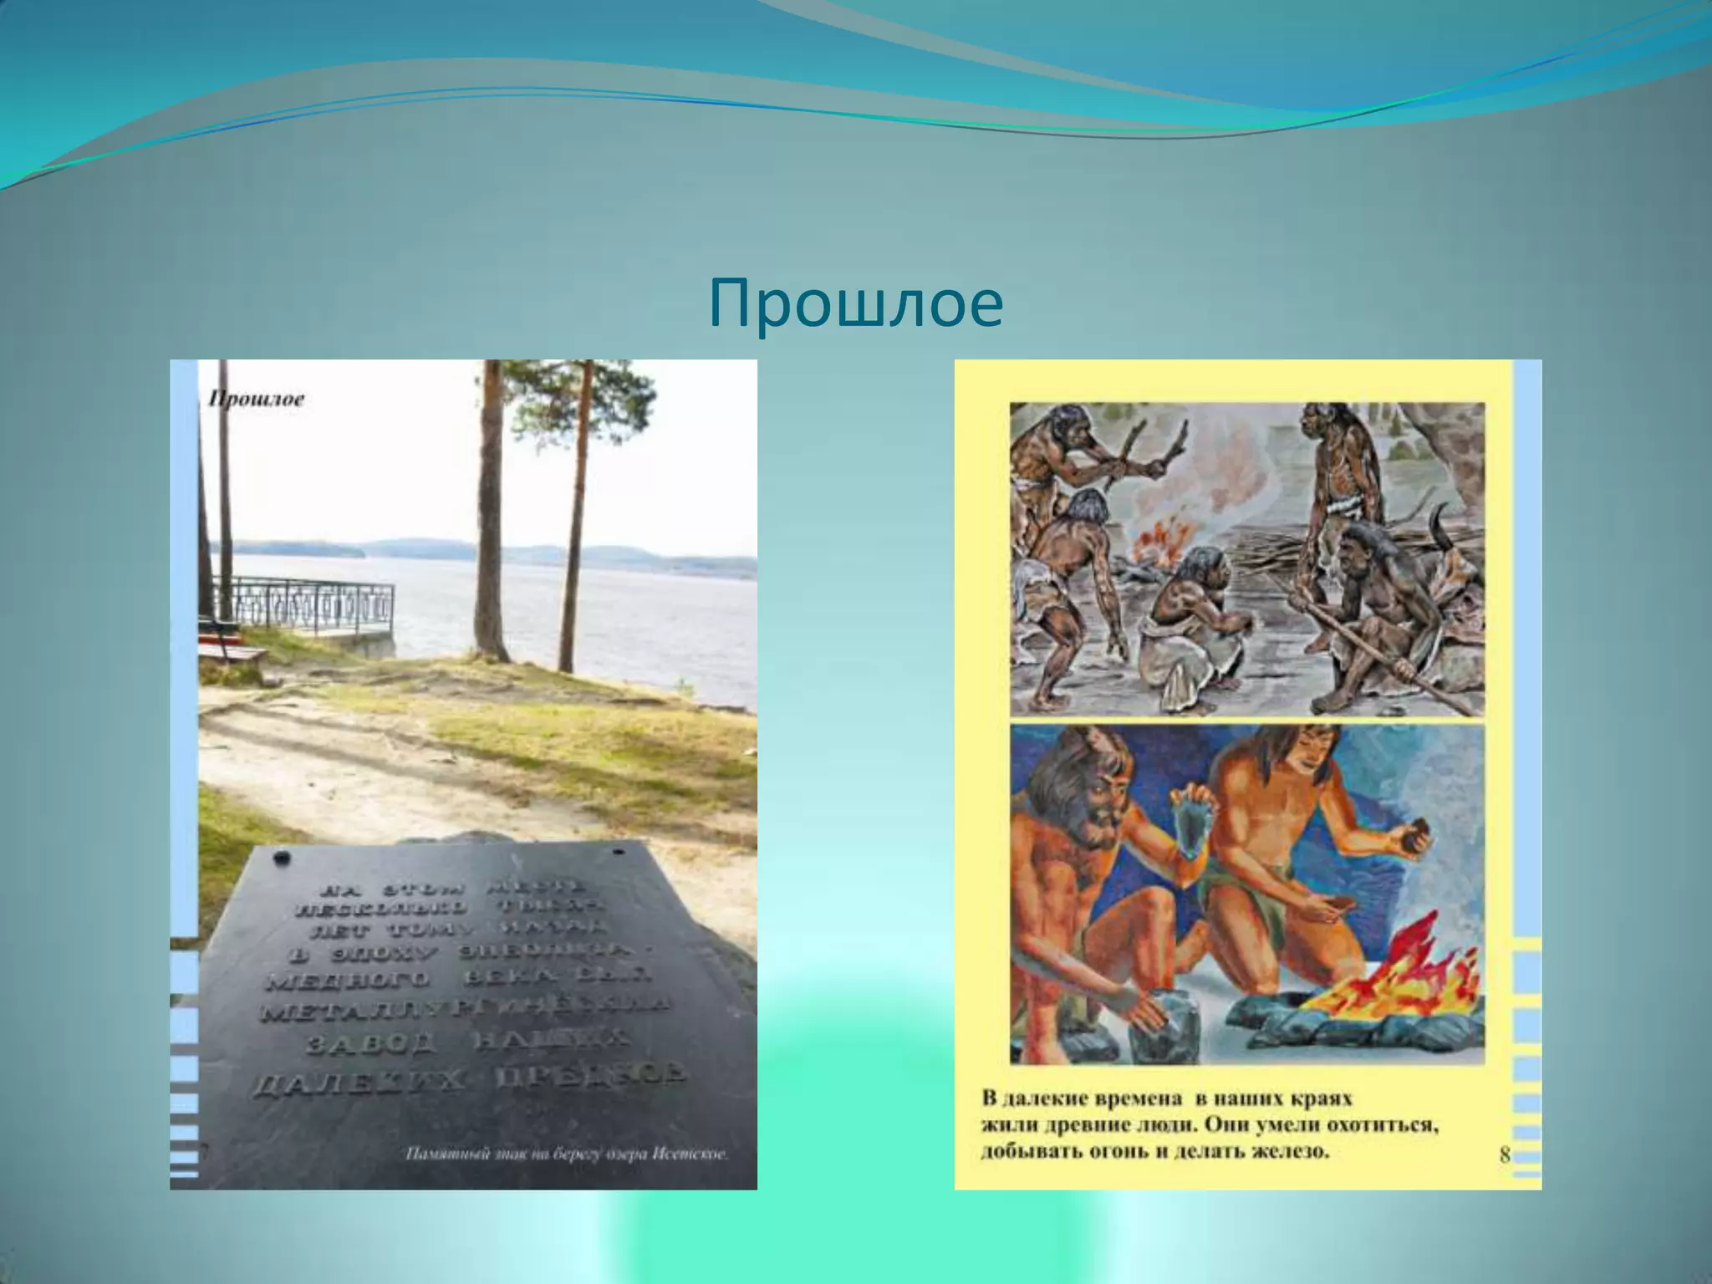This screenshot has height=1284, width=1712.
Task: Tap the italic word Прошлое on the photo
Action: pos(256,400)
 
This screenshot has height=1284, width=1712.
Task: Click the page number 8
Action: pos(1504,1154)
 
